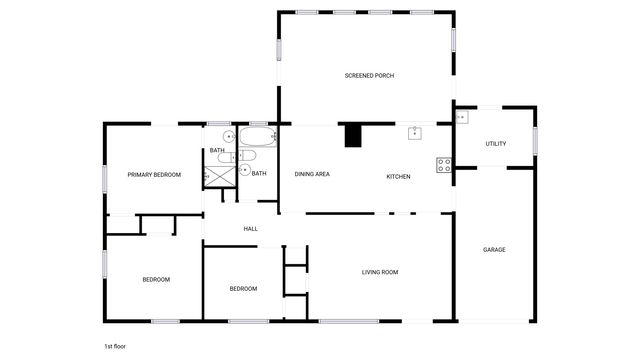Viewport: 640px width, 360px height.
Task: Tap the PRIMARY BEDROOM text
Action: pyautogui.click(x=154, y=175)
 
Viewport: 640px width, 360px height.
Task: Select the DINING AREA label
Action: pyautogui.click(x=312, y=175)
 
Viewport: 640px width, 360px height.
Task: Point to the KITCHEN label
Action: pyautogui.click(x=398, y=177)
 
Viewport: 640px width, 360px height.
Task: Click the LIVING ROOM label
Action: pyautogui.click(x=380, y=272)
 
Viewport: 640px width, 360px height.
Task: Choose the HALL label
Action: pyautogui.click(x=250, y=229)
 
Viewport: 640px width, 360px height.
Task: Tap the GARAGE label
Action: pyautogui.click(x=494, y=249)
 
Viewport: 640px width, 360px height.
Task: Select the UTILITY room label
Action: pyautogui.click(x=495, y=144)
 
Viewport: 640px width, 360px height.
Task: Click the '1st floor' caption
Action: pyautogui.click(x=114, y=346)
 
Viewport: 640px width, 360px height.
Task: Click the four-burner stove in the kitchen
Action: pyautogui.click(x=443, y=165)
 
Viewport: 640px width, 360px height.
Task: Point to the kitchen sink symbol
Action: pyautogui.click(x=415, y=132)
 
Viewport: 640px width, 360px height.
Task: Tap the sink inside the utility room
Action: pyautogui.click(x=461, y=118)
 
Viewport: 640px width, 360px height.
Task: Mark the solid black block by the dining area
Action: pyautogui.click(x=353, y=135)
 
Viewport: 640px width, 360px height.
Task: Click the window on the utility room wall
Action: pyautogui.click(x=534, y=141)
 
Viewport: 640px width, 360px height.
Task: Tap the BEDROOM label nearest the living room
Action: pyautogui.click(x=243, y=289)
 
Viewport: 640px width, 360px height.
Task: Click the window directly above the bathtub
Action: pyautogui.click(x=257, y=124)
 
